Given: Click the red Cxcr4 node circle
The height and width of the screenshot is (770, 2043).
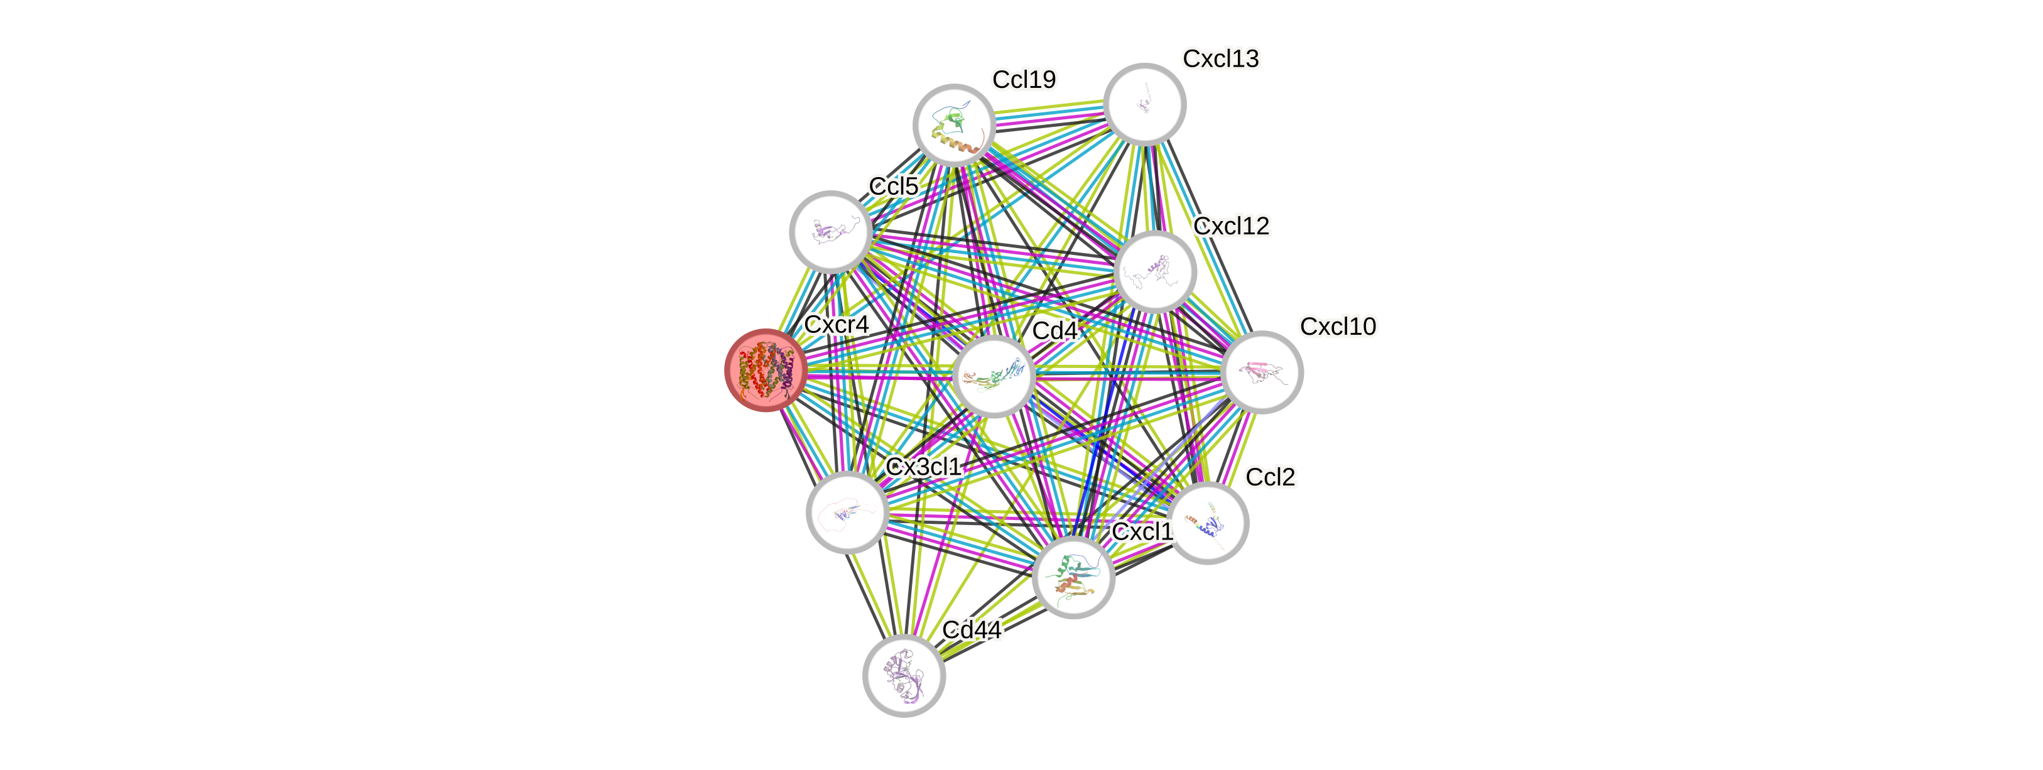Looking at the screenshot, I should click(766, 371).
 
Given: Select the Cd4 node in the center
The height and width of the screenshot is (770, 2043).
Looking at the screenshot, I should click(993, 376).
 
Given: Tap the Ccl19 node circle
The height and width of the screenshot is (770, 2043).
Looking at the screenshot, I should click(954, 124).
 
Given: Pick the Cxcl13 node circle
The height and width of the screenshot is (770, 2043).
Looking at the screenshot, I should click(1144, 104).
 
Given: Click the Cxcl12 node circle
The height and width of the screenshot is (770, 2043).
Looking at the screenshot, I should click(1155, 272).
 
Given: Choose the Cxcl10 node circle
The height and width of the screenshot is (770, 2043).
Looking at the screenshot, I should click(1262, 372).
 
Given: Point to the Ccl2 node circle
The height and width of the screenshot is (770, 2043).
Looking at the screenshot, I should click(1208, 523).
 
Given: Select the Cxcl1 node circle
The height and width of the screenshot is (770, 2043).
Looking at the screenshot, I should click(1074, 577).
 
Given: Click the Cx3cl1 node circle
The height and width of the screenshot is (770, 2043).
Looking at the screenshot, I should click(847, 511).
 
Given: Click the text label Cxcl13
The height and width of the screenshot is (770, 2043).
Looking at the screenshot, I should click(1220, 58).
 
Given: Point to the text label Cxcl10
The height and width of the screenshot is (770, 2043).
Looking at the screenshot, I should click(1338, 326).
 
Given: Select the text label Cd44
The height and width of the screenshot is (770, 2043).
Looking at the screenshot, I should click(972, 630).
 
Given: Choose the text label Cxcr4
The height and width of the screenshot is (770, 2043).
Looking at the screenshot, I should click(837, 324).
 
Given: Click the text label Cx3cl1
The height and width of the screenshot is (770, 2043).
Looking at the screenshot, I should click(923, 466).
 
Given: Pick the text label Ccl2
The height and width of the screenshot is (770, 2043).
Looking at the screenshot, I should click(1271, 477).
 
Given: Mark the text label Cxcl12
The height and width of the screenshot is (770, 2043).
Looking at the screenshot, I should click(1232, 226).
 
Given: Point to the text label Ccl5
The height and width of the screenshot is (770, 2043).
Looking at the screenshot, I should click(893, 187).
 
